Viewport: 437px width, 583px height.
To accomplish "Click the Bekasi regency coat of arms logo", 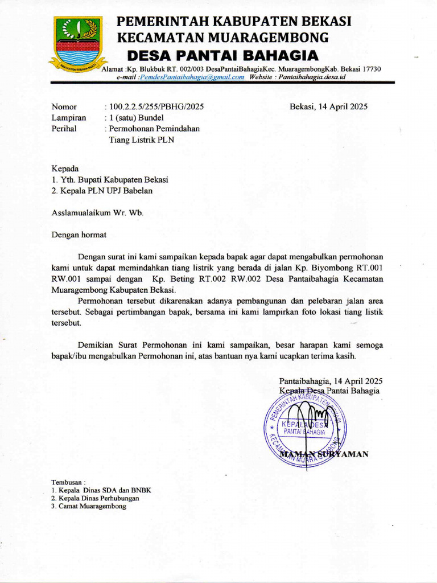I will pyautogui.click(x=78, y=43).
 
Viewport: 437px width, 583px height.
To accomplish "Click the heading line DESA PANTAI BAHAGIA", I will pyautogui.click(x=222, y=56).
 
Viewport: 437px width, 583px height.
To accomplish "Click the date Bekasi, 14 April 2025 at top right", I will pyautogui.click(x=328, y=106).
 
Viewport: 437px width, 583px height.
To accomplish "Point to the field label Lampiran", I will pyautogui.click(x=69, y=118).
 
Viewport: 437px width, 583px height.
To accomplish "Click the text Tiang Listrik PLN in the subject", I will pyautogui.click(x=142, y=139).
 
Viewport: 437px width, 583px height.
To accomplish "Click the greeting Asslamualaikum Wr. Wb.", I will pyautogui.click(x=98, y=213).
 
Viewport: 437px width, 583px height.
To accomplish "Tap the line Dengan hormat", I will pyautogui.click(x=79, y=234).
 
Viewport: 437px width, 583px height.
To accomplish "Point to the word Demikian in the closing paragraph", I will pyautogui.click(x=94, y=345).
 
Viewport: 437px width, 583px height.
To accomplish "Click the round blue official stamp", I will pyautogui.click(x=304, y=424).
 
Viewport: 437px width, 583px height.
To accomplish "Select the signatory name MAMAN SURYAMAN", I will pyautogui.click(x=325, y=454).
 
